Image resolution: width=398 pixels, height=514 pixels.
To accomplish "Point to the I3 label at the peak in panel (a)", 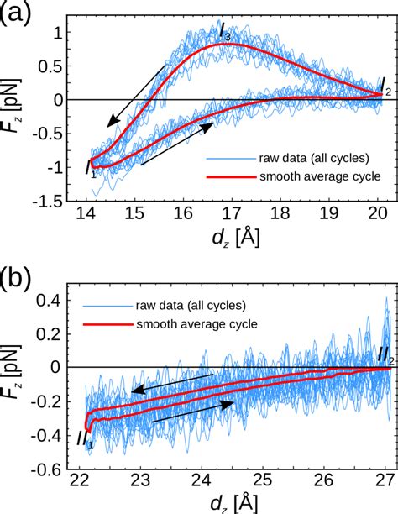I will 224,32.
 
